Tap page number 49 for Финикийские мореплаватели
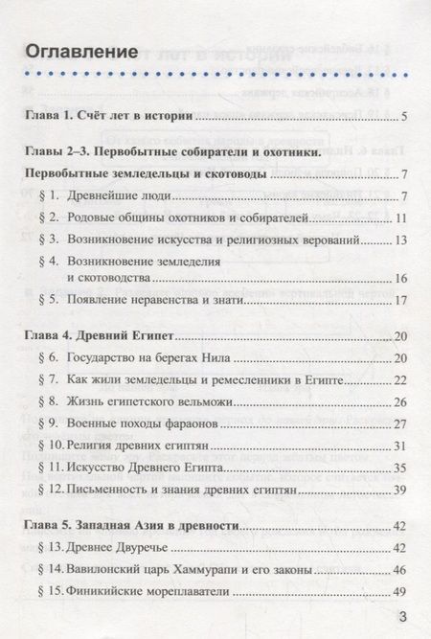click(401, 590)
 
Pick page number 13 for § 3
click(401, 240)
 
